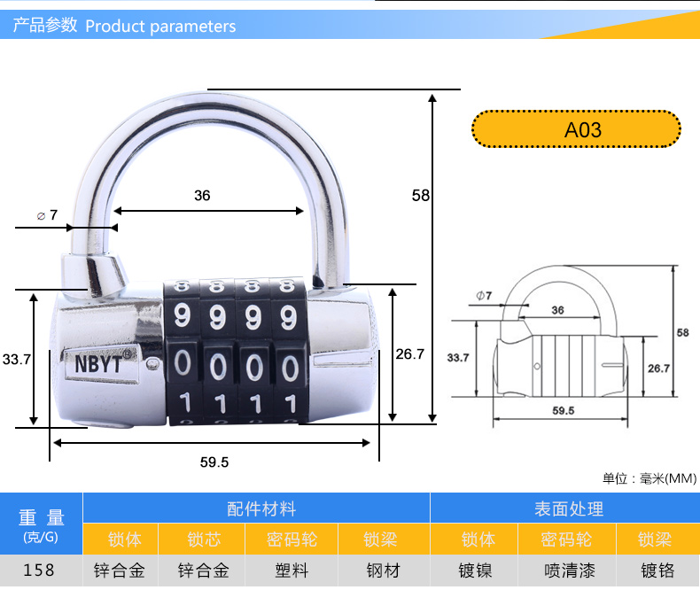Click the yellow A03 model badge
[x=577, y=130]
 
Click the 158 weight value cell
[x=39, y=570]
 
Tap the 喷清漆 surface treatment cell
[x=566, y=570]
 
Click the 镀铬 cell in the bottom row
[x=657, y=570]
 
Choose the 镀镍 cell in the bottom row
[x=476, y=570]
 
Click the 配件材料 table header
[x=261, y=508]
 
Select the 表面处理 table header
[x=568, y=508]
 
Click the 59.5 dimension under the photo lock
[x=214, y=462]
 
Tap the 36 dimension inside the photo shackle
[x=202, y=195]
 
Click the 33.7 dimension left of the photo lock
[x=16, y=359]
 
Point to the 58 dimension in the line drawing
[x=682, y=333]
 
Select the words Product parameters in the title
[x=160, y=27]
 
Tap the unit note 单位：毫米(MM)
[x=649, y=478]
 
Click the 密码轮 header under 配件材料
[x=292, y=540]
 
